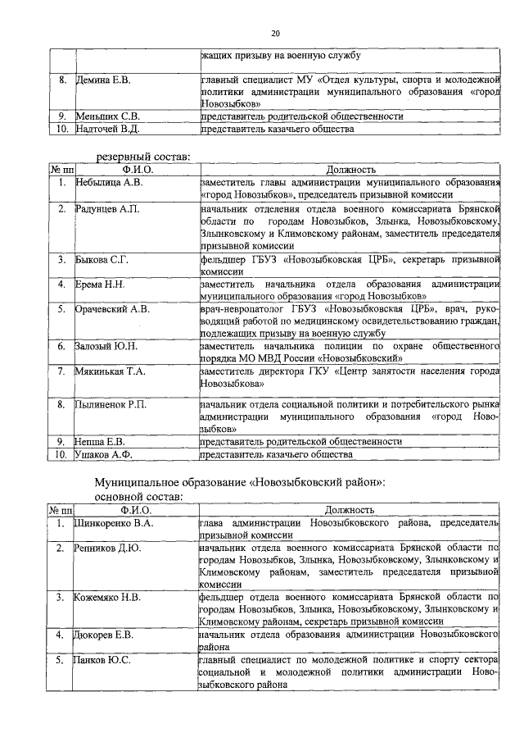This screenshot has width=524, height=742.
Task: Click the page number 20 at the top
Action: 275,33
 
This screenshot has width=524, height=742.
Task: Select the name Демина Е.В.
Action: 103,80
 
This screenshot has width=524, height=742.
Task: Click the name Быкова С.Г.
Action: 103,260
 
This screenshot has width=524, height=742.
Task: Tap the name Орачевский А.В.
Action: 112,310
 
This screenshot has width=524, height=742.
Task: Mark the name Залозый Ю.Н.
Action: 107,347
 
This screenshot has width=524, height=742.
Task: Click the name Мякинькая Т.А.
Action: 111,371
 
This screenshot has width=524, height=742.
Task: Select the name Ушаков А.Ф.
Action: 104,453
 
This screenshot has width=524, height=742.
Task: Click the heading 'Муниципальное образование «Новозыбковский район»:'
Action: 240,482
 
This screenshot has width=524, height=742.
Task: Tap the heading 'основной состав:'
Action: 139,496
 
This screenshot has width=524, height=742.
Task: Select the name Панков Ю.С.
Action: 103,659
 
